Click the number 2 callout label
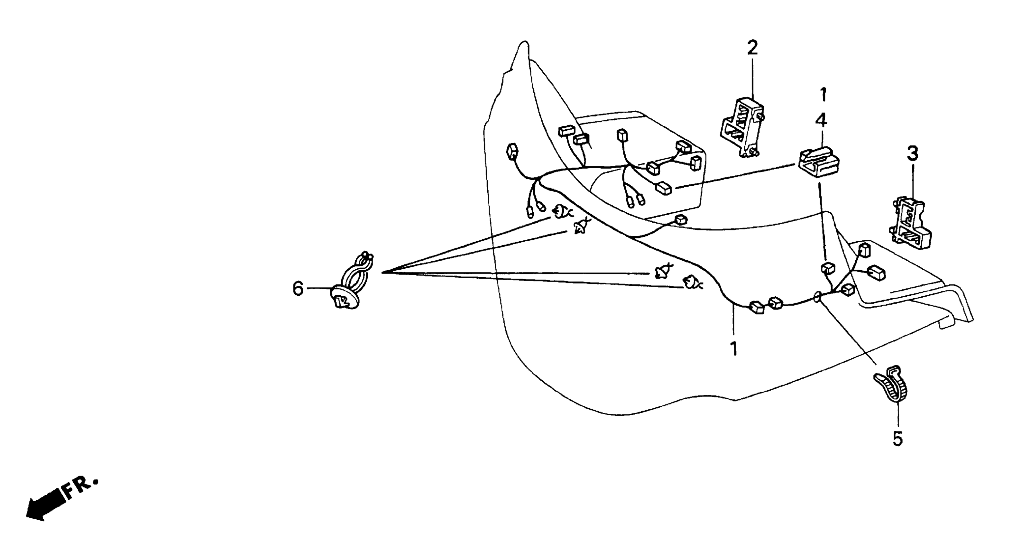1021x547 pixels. click(752, 48)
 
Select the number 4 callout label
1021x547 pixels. click(821, 120)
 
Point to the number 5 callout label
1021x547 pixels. click(898, 438)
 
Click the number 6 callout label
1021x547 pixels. click(298, 288)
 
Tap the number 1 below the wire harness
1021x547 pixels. click(734, 349)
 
